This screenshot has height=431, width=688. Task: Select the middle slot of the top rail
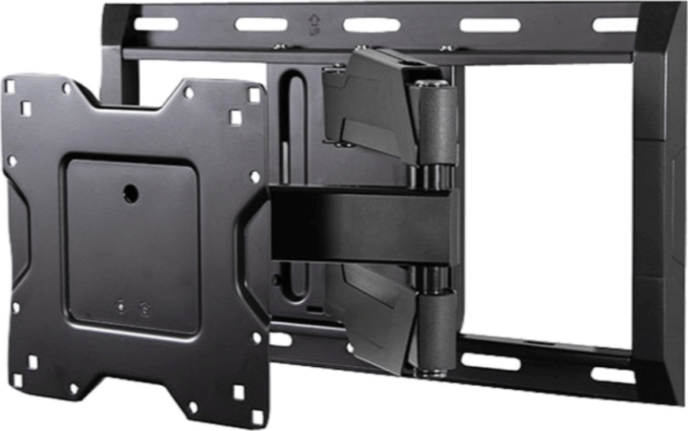tap(374, 24)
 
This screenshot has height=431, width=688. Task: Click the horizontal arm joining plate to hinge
tap(363, 225)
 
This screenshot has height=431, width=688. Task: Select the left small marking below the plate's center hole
tap(121, 308)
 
